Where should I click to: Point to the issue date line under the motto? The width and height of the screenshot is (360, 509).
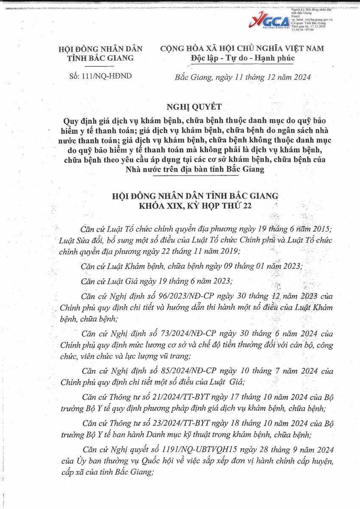[243, 77]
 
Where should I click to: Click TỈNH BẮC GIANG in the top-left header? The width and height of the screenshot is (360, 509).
[100, 58]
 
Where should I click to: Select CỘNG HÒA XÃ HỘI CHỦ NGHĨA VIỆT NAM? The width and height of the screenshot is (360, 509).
[242, 48]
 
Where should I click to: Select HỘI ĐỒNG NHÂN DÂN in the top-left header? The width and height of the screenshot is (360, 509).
[100, 49]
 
